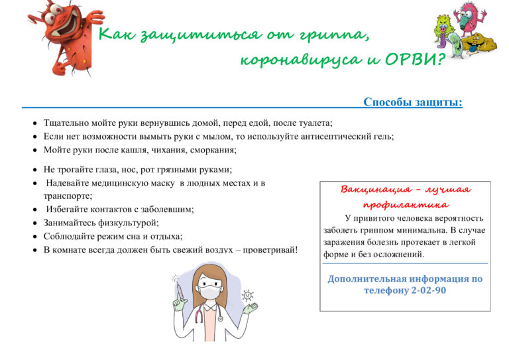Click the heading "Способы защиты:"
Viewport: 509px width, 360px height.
(412, 102)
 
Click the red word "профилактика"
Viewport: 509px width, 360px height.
(405, 205)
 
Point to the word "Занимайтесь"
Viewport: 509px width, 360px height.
(72, 223)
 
